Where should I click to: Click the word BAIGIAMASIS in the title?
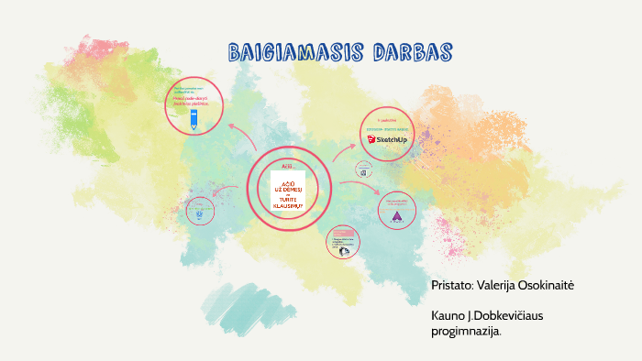pyautogui.click(x=280, y=51)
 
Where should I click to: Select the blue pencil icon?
pyautogui.click(x=194, y=119)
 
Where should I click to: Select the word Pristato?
pyautogui.click(x=452, y=286)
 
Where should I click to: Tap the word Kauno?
pyautogui.click(x=448, y=315)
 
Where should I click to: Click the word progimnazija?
pyautogui.click(x=466, y=331)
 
